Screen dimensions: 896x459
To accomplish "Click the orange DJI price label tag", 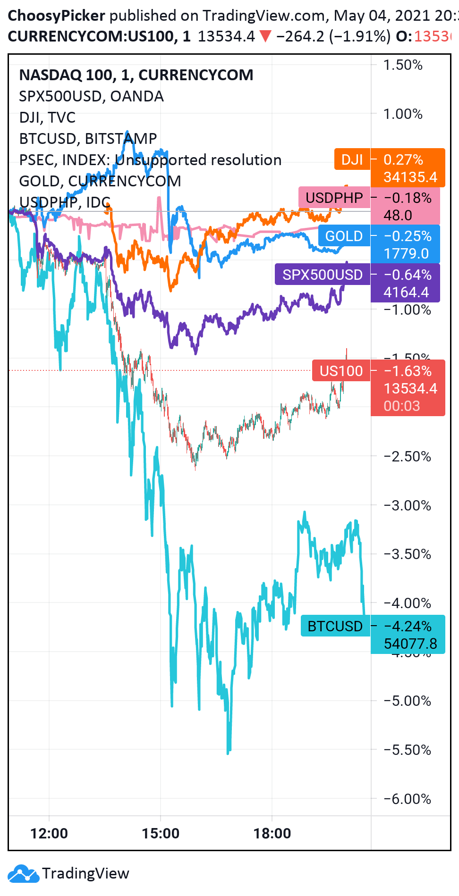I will (352, 159).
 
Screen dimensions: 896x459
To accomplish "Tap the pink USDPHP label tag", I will (334, 198).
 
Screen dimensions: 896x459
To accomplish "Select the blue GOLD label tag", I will (343, 236).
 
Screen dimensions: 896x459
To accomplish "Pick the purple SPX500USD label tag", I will (322, 275).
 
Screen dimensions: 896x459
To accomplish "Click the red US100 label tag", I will (340, 371).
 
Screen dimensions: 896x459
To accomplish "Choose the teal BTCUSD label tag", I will (335, 626).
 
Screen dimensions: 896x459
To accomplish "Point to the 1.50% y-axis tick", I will (402, 65).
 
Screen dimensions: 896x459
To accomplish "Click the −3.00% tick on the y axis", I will (407, 506).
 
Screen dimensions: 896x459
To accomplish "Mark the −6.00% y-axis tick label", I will (407, 799).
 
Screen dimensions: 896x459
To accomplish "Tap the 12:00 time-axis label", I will (49, 833).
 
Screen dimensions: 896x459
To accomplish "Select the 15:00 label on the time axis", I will (161, 833).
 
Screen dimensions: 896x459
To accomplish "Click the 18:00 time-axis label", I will (272, 833).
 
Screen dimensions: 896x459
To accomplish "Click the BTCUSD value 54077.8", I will (410, 644).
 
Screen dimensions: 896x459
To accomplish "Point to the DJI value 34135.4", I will (410, 177).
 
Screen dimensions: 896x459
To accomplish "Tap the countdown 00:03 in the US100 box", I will (401, 406).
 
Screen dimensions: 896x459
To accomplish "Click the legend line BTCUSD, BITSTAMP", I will (88, 139).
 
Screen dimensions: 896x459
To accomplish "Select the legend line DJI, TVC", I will (47, 117).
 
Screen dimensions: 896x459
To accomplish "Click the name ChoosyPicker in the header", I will (56, 16).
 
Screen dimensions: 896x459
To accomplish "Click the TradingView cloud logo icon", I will (24, 873).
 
